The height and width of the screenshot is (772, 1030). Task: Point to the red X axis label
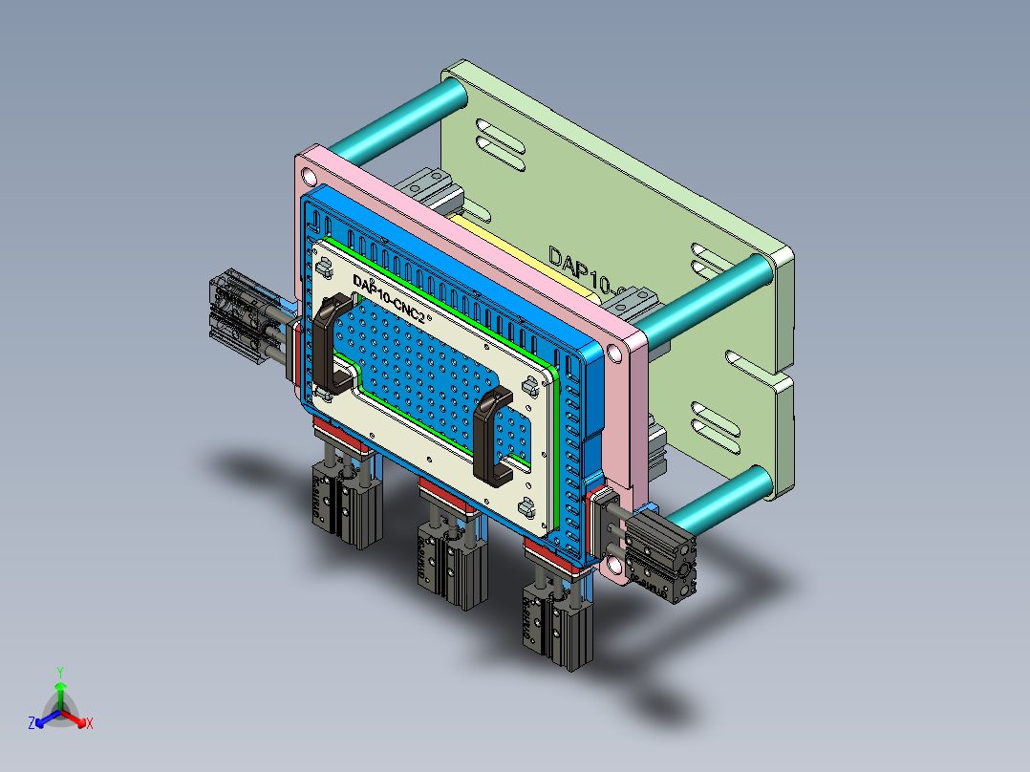pos(90,724)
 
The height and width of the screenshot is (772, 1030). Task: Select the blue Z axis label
pos(32,724)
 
